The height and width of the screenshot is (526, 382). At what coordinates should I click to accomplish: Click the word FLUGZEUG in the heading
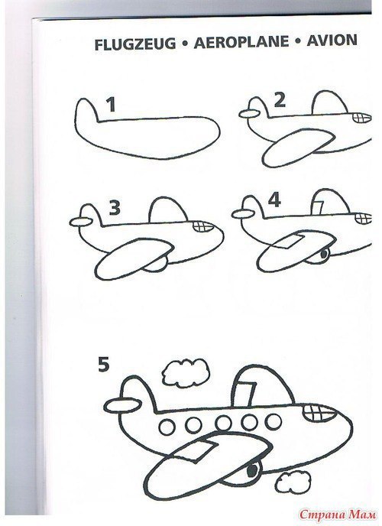135,44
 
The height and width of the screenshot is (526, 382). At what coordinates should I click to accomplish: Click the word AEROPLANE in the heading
241,42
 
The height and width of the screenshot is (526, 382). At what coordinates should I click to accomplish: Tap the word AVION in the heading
332,41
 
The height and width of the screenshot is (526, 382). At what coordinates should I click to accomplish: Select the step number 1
112,105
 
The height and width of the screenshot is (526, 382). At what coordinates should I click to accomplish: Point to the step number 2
280,100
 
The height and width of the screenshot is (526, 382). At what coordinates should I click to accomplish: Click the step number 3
115,208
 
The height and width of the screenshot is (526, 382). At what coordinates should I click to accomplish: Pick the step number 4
274,200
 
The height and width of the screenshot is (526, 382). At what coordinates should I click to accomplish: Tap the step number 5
104,364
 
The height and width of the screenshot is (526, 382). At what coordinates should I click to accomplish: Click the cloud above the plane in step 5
186,372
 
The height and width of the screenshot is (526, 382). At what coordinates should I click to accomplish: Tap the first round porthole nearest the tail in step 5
167,427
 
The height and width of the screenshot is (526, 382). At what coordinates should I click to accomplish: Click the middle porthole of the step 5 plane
224,424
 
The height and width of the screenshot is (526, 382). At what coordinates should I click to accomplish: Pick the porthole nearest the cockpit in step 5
274,421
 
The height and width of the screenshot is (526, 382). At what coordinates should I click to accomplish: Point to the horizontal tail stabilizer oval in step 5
123,405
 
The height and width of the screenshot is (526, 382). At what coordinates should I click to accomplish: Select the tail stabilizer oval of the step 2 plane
249,114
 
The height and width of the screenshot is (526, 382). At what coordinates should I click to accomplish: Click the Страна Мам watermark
338,515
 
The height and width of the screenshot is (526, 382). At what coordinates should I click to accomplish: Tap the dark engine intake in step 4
323,255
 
